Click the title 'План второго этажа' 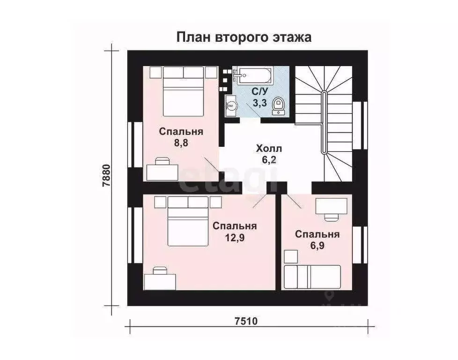tap(244, 37)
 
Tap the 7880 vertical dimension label tap(107, 176)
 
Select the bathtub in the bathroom tap(254, 75)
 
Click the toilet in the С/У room tap(279, 105)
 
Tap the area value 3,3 tap(260, 103)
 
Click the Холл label tap(269, 149)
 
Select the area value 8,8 tap(181, 143)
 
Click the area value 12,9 tap(235, 238)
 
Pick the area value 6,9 tap(317, 246)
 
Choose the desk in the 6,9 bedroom tap(331, 206)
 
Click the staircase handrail tap(324, 122)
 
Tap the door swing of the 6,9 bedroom tap(294, 202)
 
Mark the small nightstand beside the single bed tap(290, 256)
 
